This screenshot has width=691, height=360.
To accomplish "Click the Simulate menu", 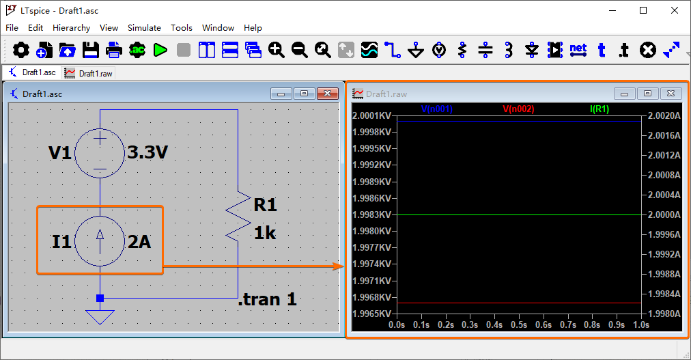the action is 144,28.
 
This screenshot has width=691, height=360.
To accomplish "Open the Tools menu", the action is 181,28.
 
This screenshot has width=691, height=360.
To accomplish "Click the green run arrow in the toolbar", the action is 160,51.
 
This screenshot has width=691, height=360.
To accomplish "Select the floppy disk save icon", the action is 91,51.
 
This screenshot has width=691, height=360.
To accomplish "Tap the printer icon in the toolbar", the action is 114,51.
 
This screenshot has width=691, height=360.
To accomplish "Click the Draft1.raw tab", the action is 89,73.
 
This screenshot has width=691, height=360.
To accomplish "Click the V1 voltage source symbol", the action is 100,153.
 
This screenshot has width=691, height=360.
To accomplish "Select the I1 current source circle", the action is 100,241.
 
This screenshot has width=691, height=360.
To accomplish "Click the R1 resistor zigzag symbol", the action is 238,217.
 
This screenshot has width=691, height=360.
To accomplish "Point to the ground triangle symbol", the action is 100,317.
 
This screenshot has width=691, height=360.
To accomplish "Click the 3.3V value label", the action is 147,152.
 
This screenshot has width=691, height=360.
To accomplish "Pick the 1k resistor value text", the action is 265,233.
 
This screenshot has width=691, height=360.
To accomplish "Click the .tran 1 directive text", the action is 267,300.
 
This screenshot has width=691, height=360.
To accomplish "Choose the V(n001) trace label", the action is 437,109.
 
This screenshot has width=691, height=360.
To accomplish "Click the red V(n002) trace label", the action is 518,109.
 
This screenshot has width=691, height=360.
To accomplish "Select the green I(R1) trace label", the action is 600,109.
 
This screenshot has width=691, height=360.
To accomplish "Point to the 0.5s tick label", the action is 519,324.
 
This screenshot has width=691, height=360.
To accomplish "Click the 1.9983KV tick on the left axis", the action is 372,214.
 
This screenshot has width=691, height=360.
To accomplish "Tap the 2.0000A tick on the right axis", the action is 664,214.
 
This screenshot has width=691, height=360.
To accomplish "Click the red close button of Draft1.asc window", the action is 328,94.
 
